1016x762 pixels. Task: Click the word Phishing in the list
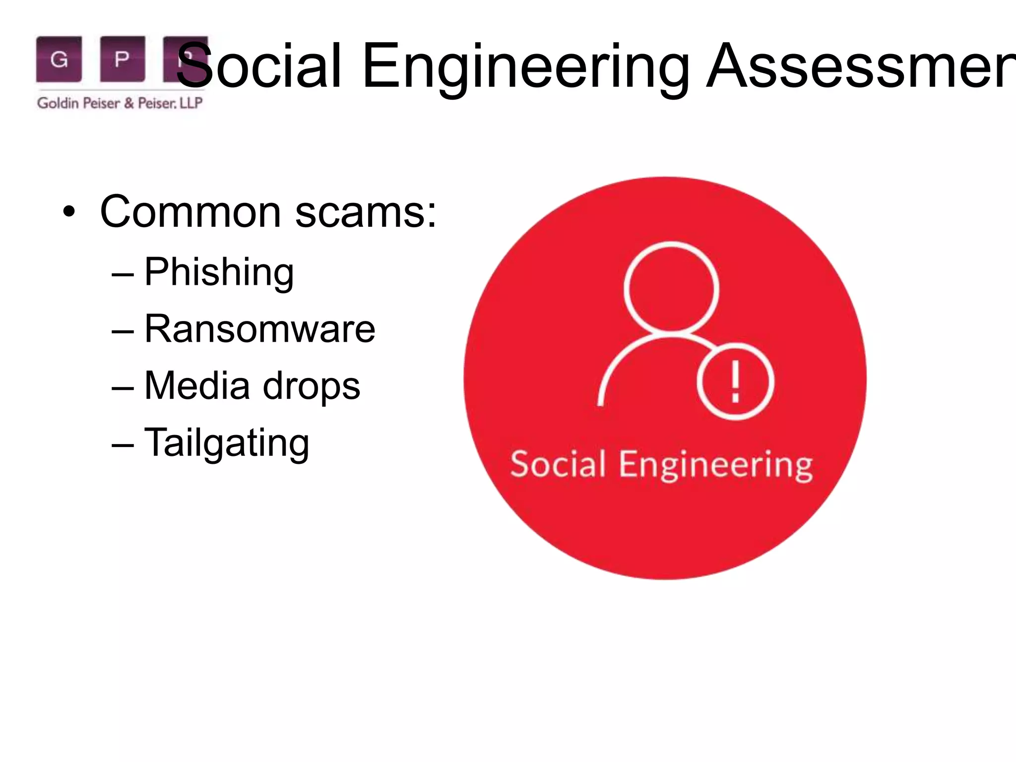coord(219,272)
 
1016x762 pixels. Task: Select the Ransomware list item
coord(259,329)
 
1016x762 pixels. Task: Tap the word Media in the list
coord(197,386)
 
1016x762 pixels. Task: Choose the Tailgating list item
coord(227,443)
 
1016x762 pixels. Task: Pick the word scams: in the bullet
coord(366,212)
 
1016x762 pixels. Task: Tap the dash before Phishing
coord(123,274)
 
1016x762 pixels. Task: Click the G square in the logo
coord(59,59)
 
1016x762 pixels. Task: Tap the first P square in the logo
coord(122,59)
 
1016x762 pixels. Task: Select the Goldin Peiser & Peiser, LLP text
coord(120,103)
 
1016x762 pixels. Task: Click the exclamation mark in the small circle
coord(736,381)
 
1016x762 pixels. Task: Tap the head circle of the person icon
coord(671,288)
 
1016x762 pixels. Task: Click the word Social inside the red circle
coord(558,465)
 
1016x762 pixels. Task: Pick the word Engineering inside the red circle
coord(716,466)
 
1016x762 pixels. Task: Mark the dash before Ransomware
coord(123,331)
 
